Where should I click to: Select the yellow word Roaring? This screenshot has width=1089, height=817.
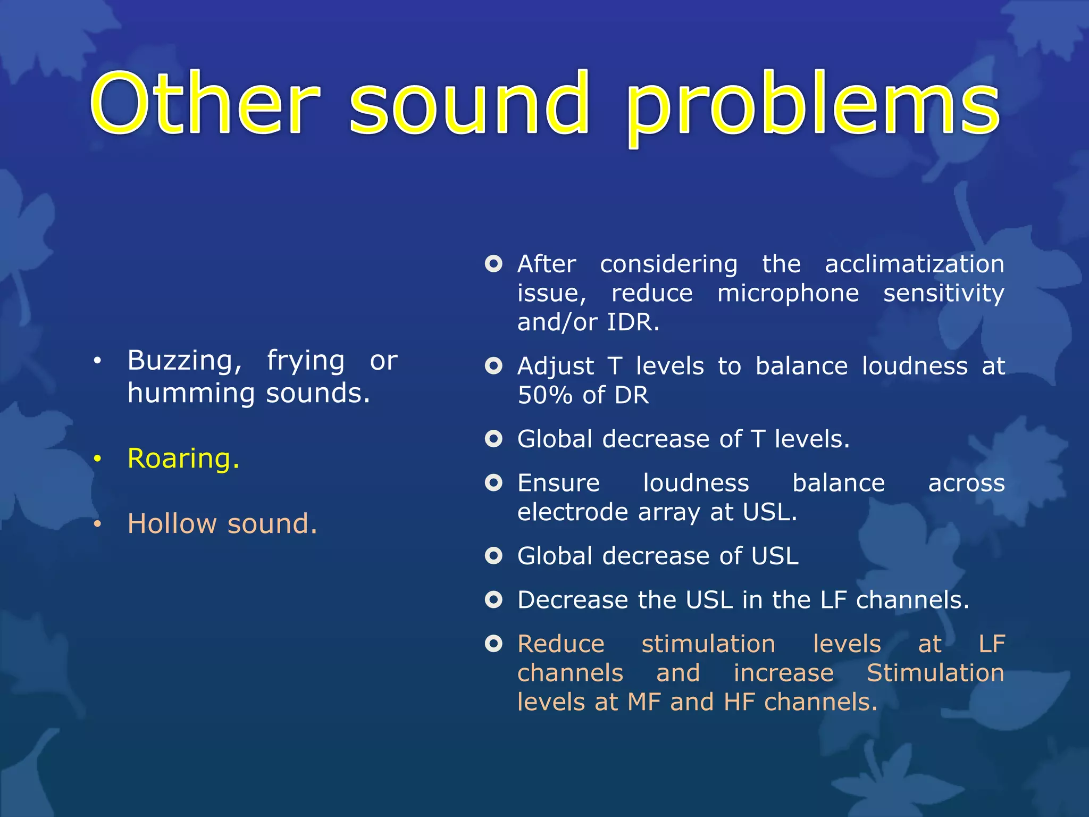coord(183,458)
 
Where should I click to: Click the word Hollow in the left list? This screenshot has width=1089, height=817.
coord(172,524)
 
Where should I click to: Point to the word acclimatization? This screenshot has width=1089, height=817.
coord(914,264)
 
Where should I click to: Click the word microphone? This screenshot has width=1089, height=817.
coord(788,294)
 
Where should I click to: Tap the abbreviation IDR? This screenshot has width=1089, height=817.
coord(632,322)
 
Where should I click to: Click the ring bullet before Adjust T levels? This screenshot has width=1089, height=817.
coord(493,366)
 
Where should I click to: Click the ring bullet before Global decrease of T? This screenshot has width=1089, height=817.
coord(493,439)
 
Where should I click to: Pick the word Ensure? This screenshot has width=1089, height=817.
coord(558,483)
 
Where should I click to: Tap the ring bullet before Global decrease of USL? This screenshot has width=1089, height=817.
coord(493,556)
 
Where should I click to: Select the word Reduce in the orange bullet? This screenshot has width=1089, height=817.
coord(561,644)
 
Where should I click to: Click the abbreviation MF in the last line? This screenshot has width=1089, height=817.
coord(644,702)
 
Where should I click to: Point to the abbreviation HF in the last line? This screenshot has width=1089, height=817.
coord(739,702)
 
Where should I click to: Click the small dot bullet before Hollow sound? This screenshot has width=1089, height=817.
coord(97,524)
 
